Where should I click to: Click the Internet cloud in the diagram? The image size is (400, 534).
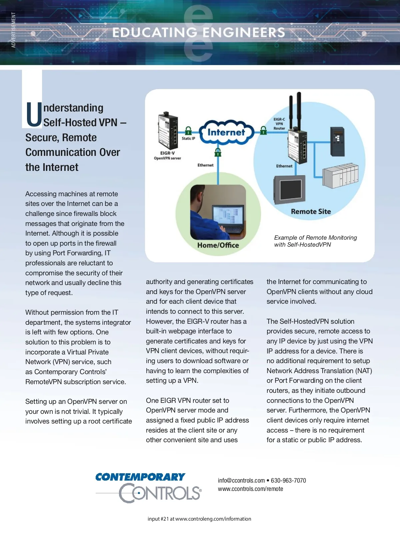226,132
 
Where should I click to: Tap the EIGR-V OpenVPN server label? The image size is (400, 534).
167,156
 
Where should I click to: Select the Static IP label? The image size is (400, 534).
188,138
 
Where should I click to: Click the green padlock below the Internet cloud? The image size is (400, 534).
218,153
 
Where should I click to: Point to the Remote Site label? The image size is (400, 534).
311,212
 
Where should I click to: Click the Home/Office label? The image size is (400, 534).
218,245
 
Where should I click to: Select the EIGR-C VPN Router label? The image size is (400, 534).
279,124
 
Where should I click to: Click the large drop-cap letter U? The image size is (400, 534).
34,114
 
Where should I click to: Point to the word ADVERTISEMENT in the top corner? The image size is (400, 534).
13,30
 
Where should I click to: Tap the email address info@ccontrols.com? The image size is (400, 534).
241,481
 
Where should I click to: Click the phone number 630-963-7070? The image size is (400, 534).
288,481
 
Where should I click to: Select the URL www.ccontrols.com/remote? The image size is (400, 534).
250,489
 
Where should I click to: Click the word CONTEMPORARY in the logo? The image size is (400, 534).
140,477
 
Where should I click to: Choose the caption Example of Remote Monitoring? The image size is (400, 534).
315,238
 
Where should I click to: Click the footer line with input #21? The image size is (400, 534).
199,519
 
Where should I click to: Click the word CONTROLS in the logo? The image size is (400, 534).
160,493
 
